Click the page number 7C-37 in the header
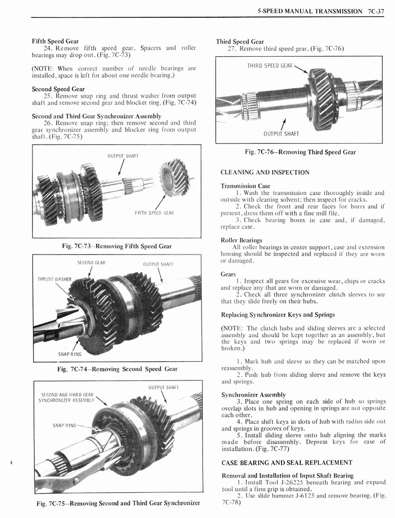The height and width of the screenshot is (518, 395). click(x=376, y=11)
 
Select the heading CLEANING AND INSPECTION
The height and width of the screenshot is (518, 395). click(x=265, y=172)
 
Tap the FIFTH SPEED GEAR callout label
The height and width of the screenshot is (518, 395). click(x=154, y=213)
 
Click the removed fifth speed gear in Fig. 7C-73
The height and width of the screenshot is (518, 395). click(x=174, y=177)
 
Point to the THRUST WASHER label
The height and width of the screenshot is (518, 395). click(x=55, y=279)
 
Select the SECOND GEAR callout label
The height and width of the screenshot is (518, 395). click(x=91, y=263)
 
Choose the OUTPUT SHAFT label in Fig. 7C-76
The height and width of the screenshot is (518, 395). click(x=281, y=134)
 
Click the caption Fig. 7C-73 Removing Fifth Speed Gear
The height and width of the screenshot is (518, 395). click(x=116, y=246)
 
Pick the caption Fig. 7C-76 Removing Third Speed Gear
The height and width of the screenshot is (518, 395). click(x=300, y=152)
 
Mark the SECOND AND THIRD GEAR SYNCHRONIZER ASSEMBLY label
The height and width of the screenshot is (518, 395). click(x=66, y=397)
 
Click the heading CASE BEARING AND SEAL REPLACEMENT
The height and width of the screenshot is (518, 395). click(x=287, y=462)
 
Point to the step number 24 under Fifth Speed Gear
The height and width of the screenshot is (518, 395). click(x=49, y=48)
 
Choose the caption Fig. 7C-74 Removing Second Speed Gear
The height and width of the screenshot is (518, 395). click(x=117, y=369)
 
